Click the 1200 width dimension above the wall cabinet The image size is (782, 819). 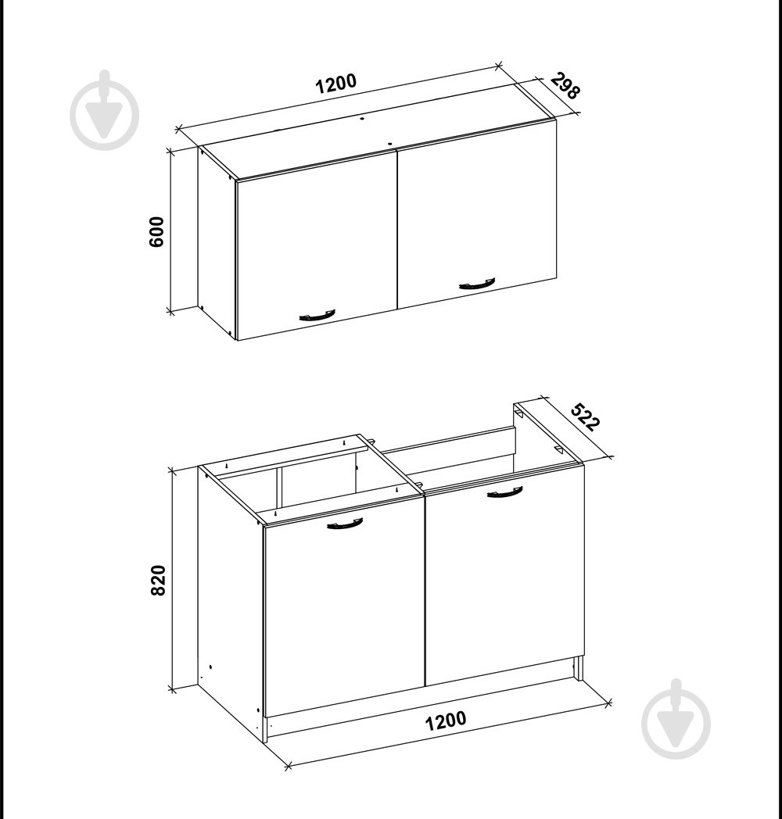click(335, 84)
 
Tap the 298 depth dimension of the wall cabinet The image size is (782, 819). click(565, 86)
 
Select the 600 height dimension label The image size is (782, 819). click(157, 231)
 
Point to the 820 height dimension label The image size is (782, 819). click(158, 580)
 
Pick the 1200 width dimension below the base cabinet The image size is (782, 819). click(446, 721)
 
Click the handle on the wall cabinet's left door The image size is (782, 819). click(317, 315)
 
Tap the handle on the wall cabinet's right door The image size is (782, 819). click(477, 284)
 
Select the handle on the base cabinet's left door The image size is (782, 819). click(345, 524)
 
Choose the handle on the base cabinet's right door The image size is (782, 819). click(505, 492)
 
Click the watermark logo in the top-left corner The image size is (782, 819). click(105, 110)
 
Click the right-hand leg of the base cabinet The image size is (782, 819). click(578, 669)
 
